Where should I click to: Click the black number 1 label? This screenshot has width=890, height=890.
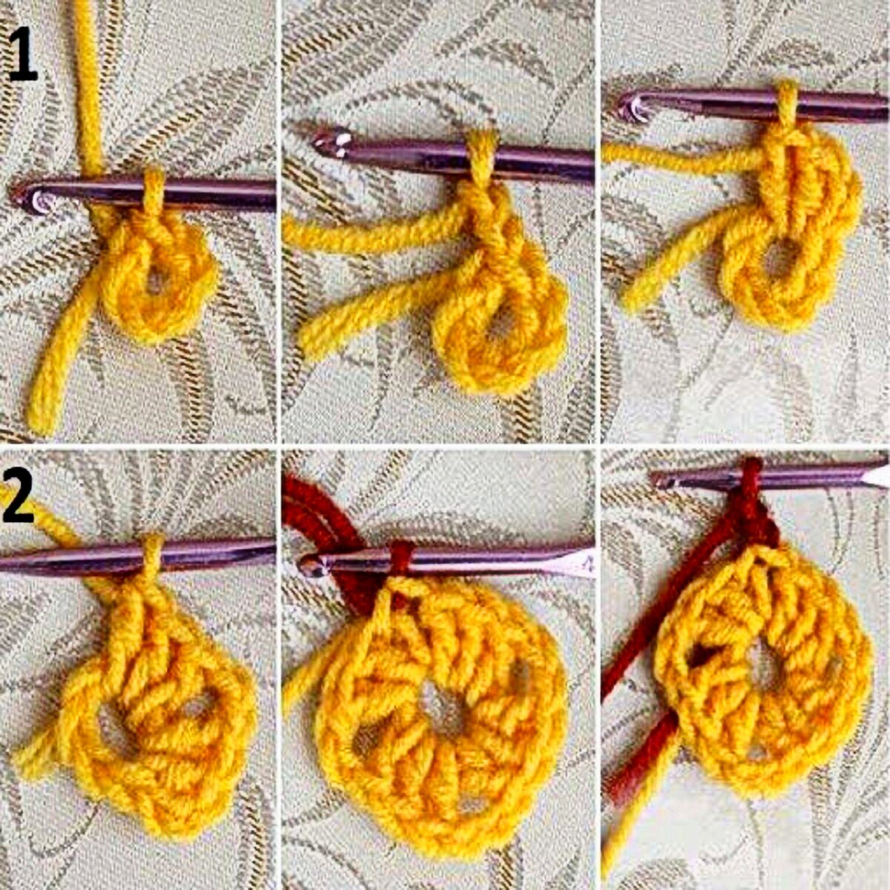tap(22, 53)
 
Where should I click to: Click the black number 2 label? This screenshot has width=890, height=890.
tap(19, 498)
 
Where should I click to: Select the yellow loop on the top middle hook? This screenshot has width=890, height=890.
tap(481, 155)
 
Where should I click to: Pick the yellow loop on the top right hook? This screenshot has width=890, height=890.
tap(787, 104)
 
